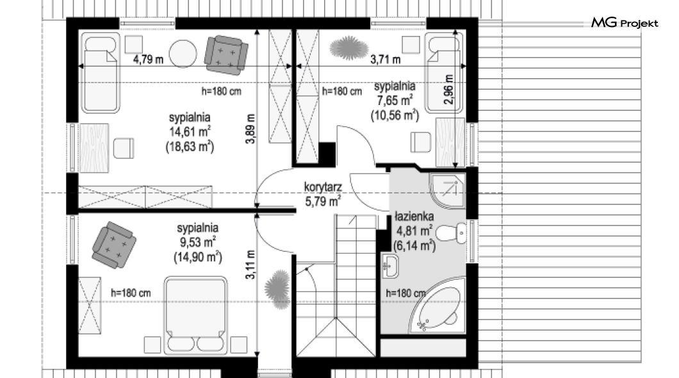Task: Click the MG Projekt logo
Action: [x=625, y=23]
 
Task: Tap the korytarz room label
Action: [x=323, y=187]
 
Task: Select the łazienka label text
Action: [x=414, y=216]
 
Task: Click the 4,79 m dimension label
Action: [x=148, y=60]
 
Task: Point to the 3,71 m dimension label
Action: [x=386, y=60]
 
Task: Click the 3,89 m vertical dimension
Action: [x=250, y=129]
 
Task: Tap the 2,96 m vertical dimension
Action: [x=449, y=89]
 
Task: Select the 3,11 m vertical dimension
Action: [x=250, y=265]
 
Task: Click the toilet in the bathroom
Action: [x=451, y=233]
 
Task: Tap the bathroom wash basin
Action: [x=390, y=266]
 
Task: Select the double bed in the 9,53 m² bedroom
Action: [x=196, y=315]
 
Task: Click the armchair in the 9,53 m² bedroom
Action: [x=114, y=245]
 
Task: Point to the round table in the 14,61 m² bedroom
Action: [x=183, y=54]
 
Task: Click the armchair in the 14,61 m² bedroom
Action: [x=226, y=54]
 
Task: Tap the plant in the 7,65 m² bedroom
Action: [x=348, y=47]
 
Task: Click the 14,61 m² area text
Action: [x=190, y=131]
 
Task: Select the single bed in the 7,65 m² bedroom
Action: [x=445, y=72]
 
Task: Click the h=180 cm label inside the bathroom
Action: [x=405, y=293]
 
